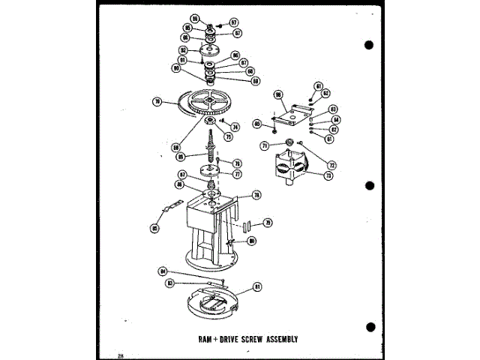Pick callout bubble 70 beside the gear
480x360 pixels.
pos(157,103)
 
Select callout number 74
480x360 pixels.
pos(235,127)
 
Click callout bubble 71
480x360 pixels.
pos(265,145)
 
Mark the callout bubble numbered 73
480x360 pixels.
pos(328,176)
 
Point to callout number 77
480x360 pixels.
pos(237,174)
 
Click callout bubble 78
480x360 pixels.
pos(256,195)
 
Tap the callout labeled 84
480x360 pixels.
pos(162,271)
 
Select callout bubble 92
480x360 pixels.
pos(183,51)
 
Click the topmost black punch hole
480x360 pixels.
pos(369,45)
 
